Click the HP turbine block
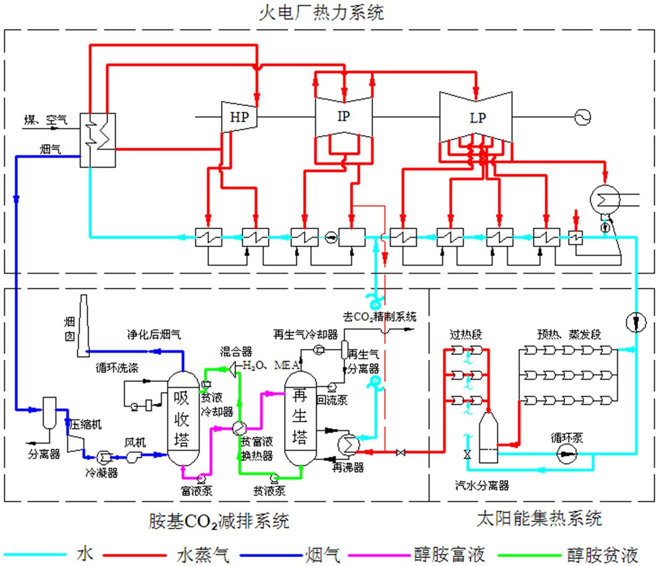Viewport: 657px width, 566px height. pos(239,117)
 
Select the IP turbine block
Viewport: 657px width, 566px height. pos(344,117)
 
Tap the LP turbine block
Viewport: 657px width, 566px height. pos(476,118)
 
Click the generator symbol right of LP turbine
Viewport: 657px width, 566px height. pos(583,117)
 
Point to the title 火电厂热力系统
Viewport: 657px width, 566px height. pos(321,12)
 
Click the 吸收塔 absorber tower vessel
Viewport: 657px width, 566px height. pos(182,418)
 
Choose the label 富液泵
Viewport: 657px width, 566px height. pos(196,491)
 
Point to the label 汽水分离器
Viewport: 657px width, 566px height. pos(482,486)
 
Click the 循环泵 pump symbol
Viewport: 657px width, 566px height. pos(566,454)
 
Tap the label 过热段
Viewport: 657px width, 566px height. pos(466,335)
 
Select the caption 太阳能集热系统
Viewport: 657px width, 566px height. pos(539,519)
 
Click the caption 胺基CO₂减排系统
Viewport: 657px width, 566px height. pos(218,521)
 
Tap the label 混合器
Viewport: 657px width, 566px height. pos(236,352)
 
